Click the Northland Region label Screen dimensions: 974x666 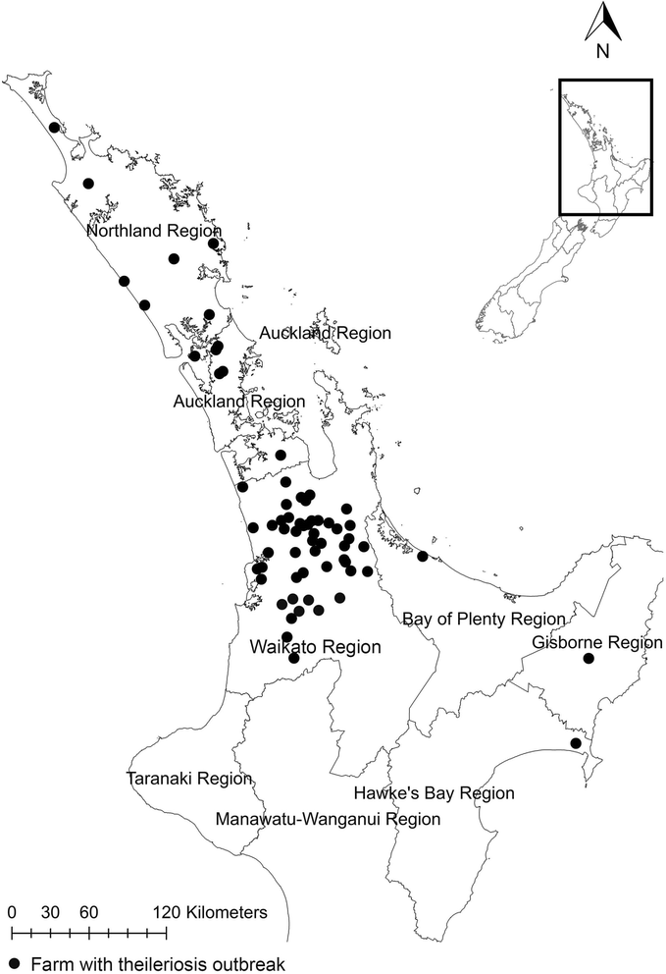154,231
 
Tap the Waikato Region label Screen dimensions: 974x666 301,648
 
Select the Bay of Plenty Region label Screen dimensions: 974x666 485,620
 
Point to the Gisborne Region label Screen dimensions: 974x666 597,643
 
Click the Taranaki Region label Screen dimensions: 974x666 190,779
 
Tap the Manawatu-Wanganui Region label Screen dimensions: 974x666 328,818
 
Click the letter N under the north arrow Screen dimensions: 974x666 606,52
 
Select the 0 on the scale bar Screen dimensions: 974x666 11,912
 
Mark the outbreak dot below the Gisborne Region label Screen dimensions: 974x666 589,659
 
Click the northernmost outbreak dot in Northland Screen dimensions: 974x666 54,127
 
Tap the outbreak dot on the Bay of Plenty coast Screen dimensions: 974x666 423,557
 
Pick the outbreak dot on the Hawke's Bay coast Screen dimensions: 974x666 576,744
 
